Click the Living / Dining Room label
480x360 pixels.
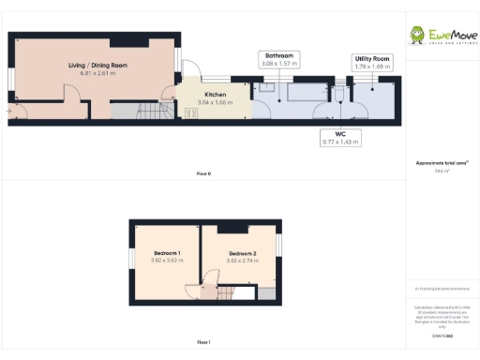click(97, 65)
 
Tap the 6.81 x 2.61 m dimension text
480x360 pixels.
click(97, 73)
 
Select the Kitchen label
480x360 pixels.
click(216, 95)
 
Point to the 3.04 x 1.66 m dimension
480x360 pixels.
click(216, 102)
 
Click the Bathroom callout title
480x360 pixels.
click(279, 56)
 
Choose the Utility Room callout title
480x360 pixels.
click(373, 59)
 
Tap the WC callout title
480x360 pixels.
click(341, 134)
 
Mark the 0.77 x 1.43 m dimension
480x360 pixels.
click(341, 142)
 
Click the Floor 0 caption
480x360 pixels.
click(203, 174)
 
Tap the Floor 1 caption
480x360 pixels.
click(203, 342)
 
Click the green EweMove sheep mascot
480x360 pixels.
click(416, 36)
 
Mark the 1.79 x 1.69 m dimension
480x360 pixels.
click(373, 67)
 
